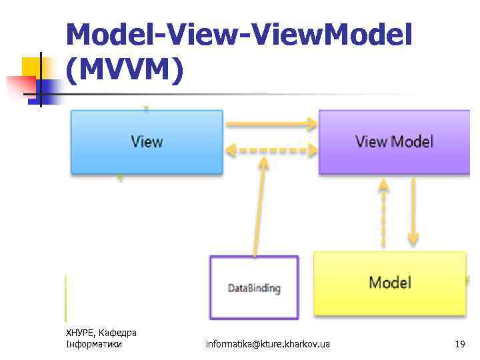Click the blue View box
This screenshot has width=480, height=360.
147,142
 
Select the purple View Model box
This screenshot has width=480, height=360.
394,142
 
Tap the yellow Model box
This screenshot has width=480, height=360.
390,283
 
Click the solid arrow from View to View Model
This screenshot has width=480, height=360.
271,123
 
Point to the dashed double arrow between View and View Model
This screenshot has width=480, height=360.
271,150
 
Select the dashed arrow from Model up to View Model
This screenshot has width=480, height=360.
383,213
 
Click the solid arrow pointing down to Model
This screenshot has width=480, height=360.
413,213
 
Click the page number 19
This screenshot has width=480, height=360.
459,344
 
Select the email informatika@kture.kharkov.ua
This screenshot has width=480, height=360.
267,344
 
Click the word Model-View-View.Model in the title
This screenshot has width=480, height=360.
239,35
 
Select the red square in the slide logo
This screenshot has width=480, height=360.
20,85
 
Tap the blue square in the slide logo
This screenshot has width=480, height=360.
49,87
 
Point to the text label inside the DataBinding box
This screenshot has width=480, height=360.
254,289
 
